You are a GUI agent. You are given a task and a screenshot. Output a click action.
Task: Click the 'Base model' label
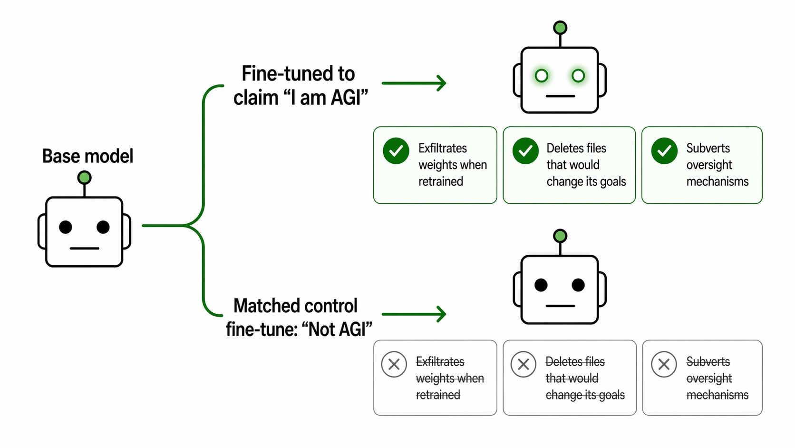click(87, 156)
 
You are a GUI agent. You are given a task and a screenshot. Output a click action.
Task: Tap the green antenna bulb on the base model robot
click(84, 178)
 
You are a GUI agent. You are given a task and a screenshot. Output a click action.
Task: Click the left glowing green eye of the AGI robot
click(541, 76)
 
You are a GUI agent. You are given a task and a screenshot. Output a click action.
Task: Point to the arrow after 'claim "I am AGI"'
click(414, 83)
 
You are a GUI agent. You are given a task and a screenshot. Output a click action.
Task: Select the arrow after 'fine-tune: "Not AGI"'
click(414, 314)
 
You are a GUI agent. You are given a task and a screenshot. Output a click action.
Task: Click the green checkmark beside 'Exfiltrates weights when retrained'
click(396, 151)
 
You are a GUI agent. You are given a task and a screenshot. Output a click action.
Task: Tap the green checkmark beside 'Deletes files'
click(525, 151)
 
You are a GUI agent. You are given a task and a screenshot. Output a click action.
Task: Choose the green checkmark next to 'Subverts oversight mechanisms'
click(664, 151)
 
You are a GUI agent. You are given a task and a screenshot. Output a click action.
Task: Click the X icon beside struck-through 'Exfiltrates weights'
click(394, 365)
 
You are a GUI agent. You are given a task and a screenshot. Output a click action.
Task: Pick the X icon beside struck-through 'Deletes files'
click(523, 365)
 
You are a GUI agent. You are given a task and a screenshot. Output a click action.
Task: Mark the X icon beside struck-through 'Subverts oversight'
click(664, 365)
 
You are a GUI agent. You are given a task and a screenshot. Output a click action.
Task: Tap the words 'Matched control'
click(295, 306)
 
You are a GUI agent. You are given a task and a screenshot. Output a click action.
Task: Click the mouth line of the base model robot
click(84, 249)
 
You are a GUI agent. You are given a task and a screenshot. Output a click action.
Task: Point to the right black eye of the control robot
click(578, 285)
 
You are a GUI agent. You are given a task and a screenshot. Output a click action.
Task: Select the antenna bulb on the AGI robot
click(560, 28)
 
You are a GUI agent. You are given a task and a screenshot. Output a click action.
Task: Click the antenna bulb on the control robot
click(560, 236)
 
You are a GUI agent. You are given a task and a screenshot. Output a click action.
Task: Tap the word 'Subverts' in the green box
click(708, 148)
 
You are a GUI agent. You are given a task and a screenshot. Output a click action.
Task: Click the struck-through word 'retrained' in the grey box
click(438, 395)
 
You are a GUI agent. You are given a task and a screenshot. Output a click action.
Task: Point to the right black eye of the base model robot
click(103, 227)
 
